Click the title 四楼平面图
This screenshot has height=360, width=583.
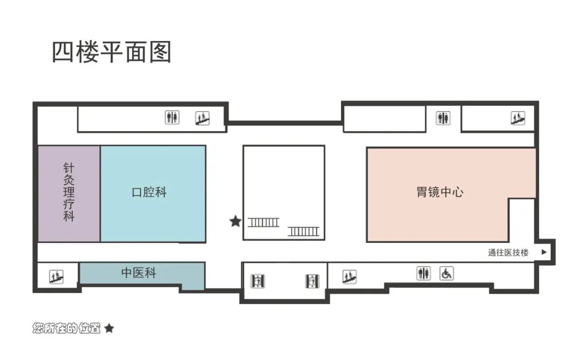[111, 52]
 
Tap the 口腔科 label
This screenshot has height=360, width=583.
[150, 192]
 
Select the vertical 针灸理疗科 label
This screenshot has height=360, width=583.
[69, 193]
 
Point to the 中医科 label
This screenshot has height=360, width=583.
[139, 273]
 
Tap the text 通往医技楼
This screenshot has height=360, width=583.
[508, 253]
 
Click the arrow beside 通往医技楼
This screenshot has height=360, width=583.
[544, 252]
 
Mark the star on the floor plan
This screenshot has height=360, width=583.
[235, 221]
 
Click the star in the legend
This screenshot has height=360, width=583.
[109, 328]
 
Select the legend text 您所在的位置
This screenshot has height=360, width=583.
[67, 328]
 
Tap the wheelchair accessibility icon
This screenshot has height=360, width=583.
[446, 274]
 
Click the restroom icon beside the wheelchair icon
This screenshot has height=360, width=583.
[424, 274]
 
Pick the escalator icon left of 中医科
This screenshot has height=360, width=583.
[56, 277]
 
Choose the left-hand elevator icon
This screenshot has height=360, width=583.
[258, 281]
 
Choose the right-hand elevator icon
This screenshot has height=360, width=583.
[312, 281]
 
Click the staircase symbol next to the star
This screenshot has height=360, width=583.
[263, 221]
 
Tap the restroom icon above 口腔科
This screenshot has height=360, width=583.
[172, 117]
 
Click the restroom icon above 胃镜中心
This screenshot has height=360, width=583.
[443, 118]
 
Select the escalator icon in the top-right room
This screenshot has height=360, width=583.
[518, 118]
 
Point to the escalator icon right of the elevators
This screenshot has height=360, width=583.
[349, 277]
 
